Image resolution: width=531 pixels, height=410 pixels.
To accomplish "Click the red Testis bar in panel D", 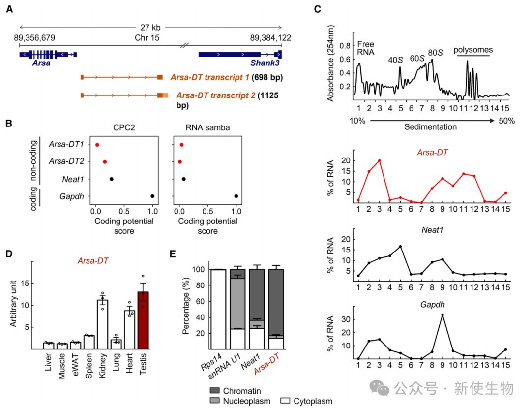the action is point(143,320).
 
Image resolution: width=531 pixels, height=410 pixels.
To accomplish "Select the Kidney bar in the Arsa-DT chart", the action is point(103,324).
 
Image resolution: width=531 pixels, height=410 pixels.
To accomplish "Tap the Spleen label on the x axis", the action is point(88,366).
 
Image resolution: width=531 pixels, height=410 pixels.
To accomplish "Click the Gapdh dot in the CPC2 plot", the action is point(152,196).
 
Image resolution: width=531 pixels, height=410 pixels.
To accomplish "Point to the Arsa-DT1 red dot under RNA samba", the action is point(182,145).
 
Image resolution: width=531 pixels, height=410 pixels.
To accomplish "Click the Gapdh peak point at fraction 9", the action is point(442,315).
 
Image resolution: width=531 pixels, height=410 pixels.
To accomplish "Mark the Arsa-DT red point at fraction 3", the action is point(379,161).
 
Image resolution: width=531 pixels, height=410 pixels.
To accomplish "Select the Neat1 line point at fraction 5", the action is point(400,247).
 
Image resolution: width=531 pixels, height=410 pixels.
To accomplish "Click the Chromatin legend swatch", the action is point(215,391).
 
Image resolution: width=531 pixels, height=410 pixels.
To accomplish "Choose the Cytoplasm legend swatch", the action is point(285,401).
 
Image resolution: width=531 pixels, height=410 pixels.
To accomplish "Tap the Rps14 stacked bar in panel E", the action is point(218,309).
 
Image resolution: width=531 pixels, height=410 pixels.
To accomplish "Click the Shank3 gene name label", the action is point(265,63).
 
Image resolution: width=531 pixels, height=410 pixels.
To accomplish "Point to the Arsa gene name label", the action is point(41,63).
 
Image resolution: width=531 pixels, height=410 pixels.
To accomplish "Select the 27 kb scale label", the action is point(150,28).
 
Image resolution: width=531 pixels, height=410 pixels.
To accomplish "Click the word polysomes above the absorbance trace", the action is point(473,50).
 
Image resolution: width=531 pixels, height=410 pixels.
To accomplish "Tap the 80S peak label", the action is point(435,53).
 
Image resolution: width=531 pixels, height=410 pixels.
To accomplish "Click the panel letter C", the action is point(317,9).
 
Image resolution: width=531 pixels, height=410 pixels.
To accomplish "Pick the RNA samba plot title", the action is point(207,128).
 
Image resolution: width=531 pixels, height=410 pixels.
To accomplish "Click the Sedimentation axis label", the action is point(430,127).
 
